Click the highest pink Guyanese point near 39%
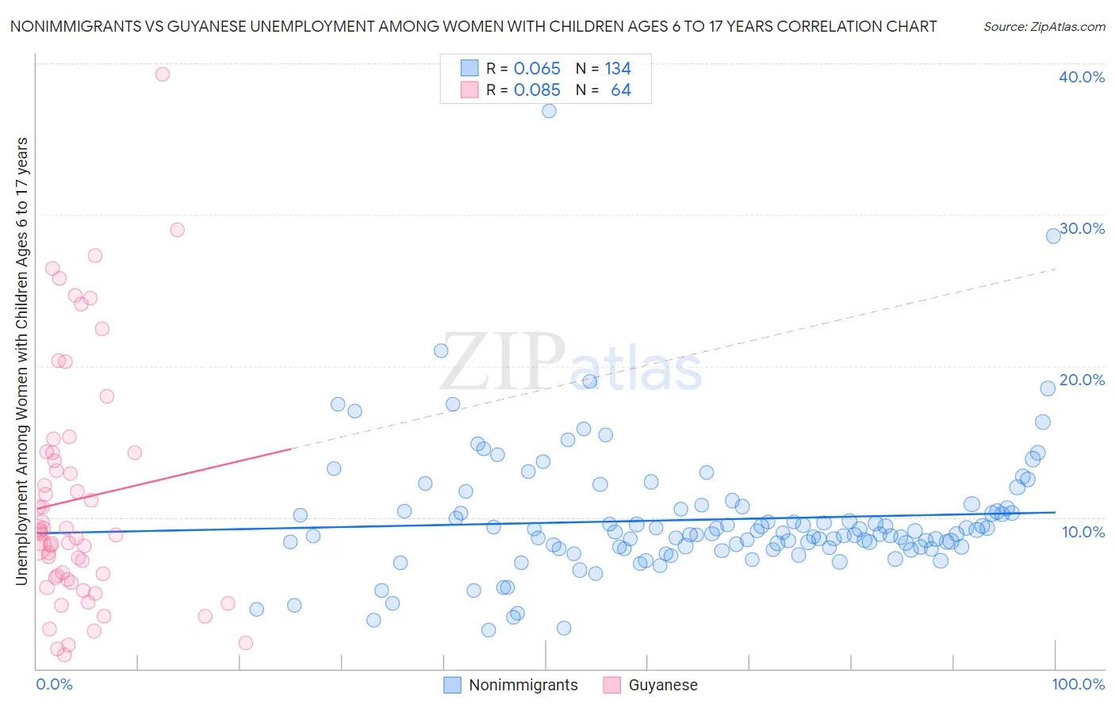163,74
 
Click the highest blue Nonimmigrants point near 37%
549,111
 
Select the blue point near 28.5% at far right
1053,235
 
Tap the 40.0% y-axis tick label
1082,77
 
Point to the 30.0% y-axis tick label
1082,228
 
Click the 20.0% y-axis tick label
1082,380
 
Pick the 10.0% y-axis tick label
1083,532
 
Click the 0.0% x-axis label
54,684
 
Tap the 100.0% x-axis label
1078,684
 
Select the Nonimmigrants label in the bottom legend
523,685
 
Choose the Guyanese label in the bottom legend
663,685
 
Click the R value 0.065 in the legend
537,69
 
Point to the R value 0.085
537,90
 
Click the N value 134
618,69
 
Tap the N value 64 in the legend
620,90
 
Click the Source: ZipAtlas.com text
1044,26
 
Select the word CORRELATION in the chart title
830,26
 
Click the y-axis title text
21,361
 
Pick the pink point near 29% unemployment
177,230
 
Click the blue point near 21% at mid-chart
441,350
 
